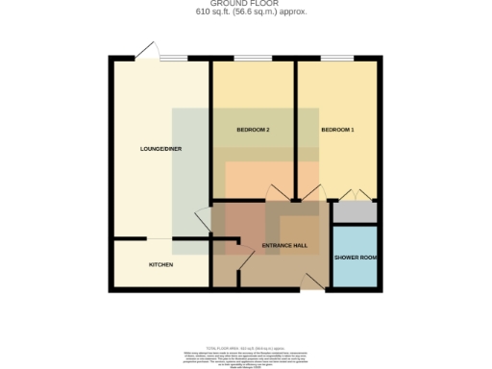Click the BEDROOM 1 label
[x=337, y=130]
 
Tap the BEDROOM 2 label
[x=254, y=130]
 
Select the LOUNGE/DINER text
[x=161, y=149]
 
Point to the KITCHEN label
[x=160, y=264]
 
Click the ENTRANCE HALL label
[x=284, y=246]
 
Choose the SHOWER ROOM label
[x=355, y=258]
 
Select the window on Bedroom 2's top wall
[x=254, y=60]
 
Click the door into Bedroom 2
[x=277, y=192]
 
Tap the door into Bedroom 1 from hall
[x=309, y=192]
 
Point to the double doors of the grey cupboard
[x=355, y=195]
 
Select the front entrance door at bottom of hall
[x=311, y=281]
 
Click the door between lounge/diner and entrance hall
[x=204, y=219]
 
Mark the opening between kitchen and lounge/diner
[x=160, y=237]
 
